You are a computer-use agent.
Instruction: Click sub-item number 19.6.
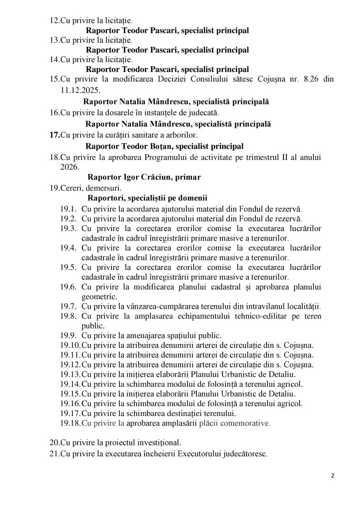(68, 287)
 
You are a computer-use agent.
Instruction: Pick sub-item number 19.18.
(70, 423)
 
